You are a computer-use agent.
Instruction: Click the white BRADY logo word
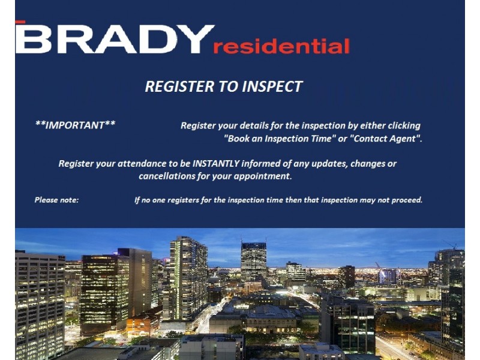[x=114, y=39]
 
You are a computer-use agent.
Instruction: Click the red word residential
[x=281, y=46]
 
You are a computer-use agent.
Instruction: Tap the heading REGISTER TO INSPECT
[x=223, y=86]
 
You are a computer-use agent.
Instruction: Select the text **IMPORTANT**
[x=75, y=125]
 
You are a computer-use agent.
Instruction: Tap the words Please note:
[x=56, y=200]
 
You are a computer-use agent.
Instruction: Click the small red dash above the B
[x=20, y=22]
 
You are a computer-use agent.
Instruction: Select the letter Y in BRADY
[x=196, y=39]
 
